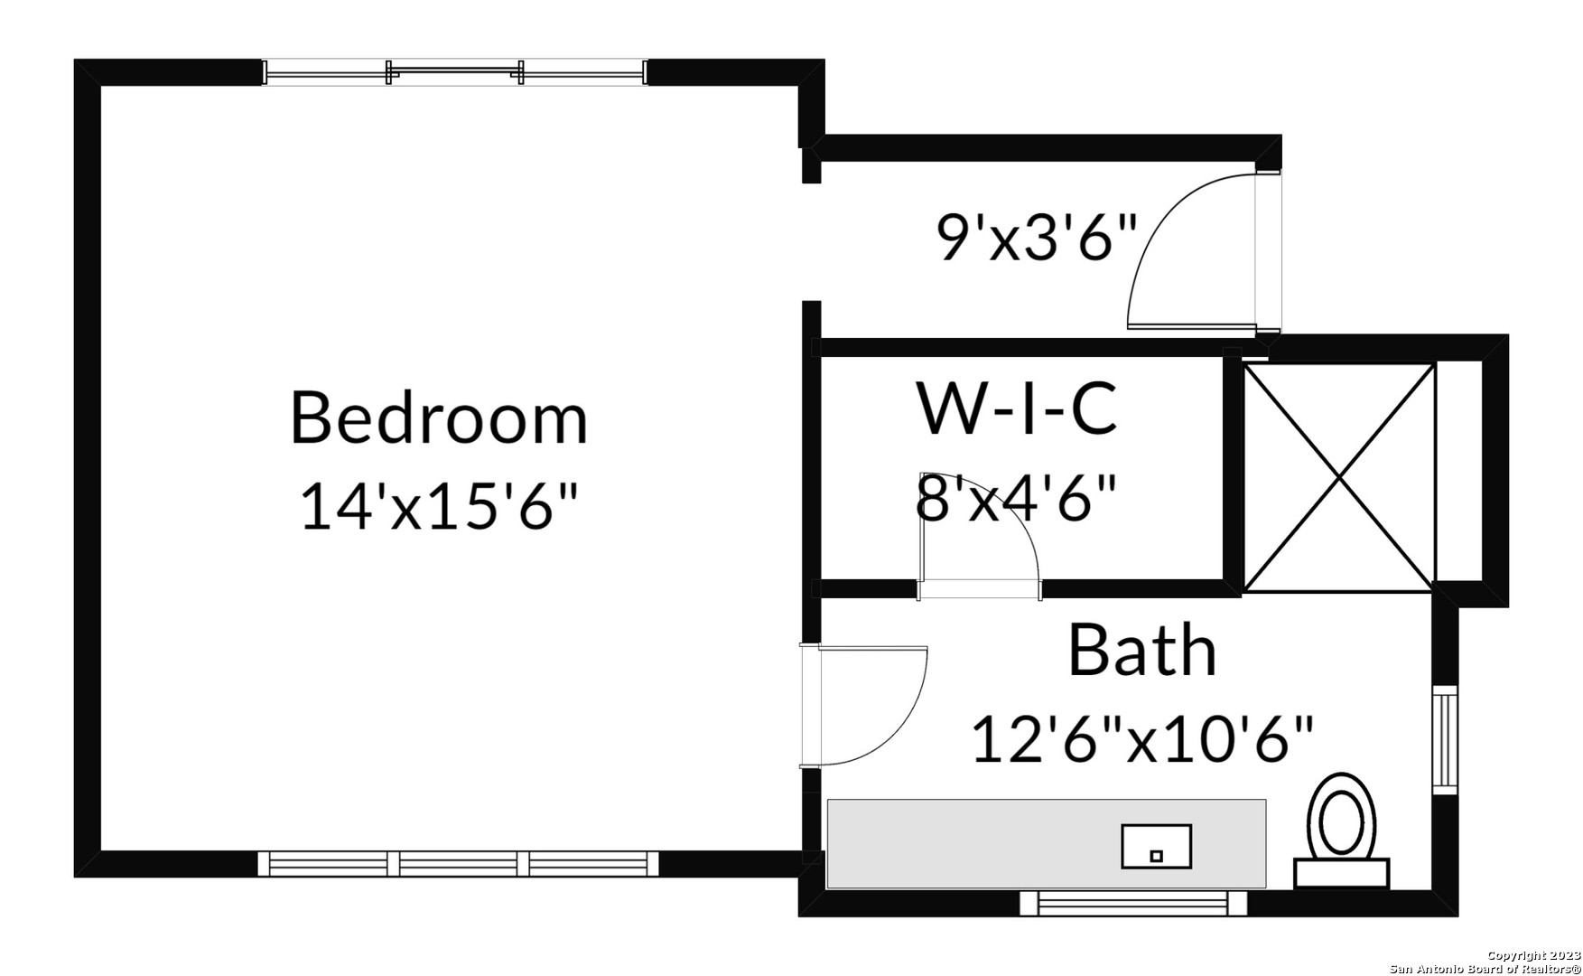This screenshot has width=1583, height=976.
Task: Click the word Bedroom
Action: click(x=439, y=418)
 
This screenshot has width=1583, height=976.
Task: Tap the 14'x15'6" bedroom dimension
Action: click(x=439, y=506)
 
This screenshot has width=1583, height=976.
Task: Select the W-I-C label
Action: click(x=1018, y=408)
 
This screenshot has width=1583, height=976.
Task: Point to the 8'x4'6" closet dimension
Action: click(x=1017, y=497)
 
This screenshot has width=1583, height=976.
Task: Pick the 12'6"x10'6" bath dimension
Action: click(x=1142, y=738)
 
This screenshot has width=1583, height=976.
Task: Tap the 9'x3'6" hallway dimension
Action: click(x=1037, y=237)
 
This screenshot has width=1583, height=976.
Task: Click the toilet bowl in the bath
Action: click(x=1341, y=816)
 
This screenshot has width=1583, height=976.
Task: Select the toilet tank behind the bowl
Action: click(x=1341, y=873)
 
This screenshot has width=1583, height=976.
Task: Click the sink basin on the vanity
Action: click(x=1157, y=846)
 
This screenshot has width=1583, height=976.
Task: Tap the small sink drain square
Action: click(x=1156, y=854)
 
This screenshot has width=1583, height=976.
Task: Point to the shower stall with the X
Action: click(x=1338, y=478)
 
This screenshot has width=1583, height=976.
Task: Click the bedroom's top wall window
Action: click(x=455, y=72)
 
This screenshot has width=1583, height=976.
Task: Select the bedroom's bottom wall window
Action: click(x=459, y=864)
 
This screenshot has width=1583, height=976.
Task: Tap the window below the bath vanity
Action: click(x=1133, y=902)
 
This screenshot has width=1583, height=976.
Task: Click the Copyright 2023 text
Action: click(x=1534, y=956)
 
